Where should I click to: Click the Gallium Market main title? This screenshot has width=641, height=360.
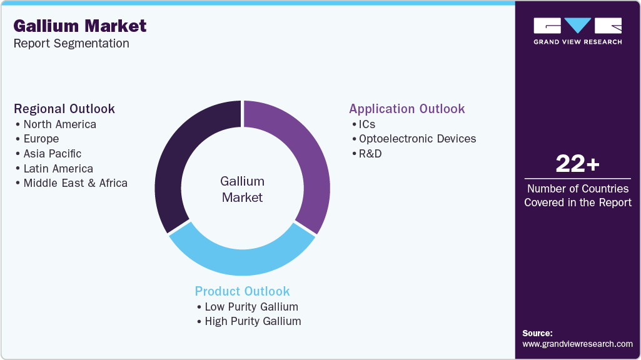[79, 26]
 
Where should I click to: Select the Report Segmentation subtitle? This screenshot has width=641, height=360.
[71, 43]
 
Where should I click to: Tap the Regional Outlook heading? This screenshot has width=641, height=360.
[64, 109]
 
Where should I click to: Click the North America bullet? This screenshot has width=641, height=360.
[59, 124]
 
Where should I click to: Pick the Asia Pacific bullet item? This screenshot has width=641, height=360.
[52, 154]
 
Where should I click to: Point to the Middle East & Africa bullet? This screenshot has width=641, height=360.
[75, 183]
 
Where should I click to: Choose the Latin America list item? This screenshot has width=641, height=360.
[58, 169]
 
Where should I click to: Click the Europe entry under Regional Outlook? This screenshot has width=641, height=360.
[41, 139]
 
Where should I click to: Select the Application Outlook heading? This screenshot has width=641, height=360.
[406, 109]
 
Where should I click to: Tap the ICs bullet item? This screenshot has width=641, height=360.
[366, 124]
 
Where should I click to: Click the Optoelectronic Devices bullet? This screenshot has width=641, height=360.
[417, 139]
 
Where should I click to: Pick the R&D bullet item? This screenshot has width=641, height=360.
[370, 153]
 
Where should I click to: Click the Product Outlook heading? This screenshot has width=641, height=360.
[242, 291]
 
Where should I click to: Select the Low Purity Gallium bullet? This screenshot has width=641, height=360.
[251, 307]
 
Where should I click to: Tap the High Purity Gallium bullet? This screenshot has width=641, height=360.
[253, 321]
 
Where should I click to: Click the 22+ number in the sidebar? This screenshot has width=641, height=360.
[577, 164]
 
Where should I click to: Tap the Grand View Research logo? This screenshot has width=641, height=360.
[577, 31]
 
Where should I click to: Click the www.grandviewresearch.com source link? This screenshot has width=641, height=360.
[577, 344]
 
